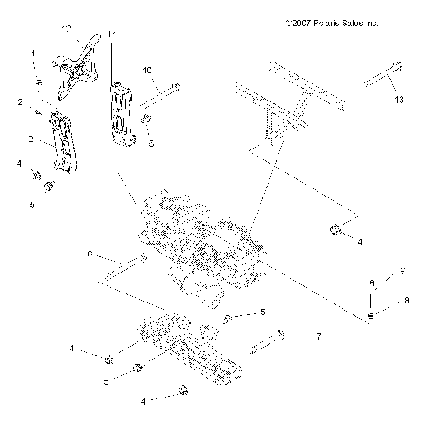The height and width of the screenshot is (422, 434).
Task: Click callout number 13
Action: [x=399, y=99]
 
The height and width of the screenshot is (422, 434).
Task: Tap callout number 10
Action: [x=147, y=69]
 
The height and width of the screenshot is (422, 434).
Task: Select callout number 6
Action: [x=89, y=255]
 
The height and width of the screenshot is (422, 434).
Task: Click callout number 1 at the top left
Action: [x=34, y=54]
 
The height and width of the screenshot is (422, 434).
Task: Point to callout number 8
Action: [x=407, y=300]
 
